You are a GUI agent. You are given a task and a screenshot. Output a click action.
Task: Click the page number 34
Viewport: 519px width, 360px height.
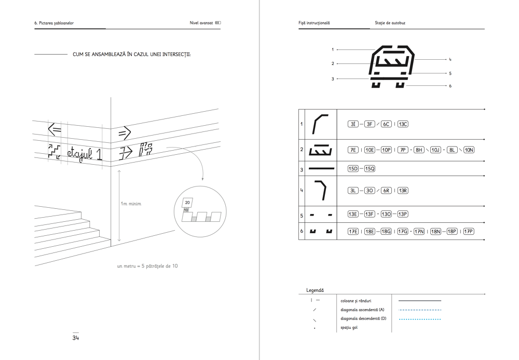point(75,338)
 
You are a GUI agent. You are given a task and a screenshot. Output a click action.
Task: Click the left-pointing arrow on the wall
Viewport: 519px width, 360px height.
point(54,129)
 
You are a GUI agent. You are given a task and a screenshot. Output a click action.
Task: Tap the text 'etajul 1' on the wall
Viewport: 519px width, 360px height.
point(84,153)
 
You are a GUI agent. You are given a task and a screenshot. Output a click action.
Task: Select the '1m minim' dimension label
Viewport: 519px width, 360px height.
point(131,204)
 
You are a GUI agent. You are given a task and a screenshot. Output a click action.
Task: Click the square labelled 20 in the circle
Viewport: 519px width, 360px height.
point(187,202)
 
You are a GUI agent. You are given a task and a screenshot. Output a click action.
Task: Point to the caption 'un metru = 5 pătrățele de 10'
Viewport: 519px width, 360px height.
point(148,266)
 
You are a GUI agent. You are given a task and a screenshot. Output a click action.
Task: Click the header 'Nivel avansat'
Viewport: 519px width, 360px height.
point(201,23)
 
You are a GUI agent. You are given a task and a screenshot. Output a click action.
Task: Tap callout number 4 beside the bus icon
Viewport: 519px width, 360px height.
point(450,60)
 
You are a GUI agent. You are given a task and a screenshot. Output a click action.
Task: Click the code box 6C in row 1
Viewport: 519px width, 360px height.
point(386,124)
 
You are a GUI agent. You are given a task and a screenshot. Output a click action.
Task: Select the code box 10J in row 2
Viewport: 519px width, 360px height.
point(435,150)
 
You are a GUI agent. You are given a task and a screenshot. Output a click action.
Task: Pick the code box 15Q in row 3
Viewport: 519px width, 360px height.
point(370,169)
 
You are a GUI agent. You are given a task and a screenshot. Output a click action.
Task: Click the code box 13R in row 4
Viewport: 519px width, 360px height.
point(403,191)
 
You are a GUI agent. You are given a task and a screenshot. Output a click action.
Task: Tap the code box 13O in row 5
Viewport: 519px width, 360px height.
point(386,214)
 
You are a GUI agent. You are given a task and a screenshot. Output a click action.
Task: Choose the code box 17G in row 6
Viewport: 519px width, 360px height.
point(402,231)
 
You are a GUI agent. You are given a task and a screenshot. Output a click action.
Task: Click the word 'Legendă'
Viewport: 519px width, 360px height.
point(315,290)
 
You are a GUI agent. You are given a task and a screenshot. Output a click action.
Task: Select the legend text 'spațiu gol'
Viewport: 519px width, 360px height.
point(349,328)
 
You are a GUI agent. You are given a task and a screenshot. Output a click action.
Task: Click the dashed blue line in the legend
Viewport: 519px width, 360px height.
point(419,310)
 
